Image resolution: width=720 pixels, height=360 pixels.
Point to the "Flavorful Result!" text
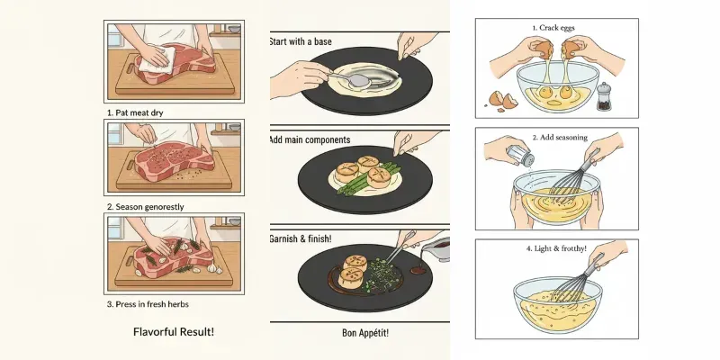[x=173, y=332]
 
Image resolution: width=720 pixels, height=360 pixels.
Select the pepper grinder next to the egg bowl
[x=604, y=96]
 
